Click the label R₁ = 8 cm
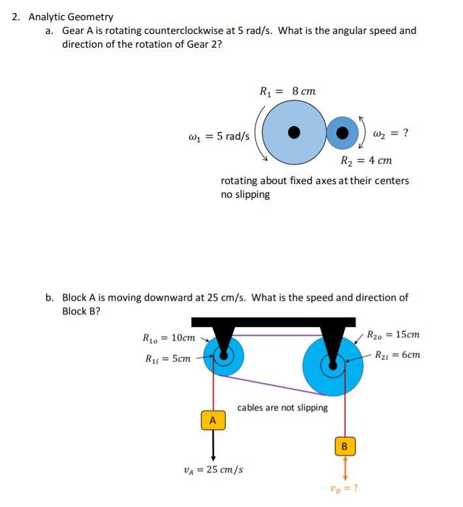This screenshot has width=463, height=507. tap(287, 91)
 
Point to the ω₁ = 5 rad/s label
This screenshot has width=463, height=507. tap(218, 136)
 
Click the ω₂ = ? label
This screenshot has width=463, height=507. tap(390, 134)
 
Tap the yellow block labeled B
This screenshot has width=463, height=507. tap(345, 446)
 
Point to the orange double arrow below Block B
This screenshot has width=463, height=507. tap(345, 469)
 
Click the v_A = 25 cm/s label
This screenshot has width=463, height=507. tap(214, 469)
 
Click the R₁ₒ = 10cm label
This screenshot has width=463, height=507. tap(168, 338)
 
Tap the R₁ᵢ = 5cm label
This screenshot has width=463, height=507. tap(167, 358)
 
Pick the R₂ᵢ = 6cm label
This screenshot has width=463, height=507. tap(398, 355)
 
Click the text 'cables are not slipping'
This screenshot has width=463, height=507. tap(283, 408)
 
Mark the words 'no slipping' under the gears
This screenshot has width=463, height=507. tap(245, 194)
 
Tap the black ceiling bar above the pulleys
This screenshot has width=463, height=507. tap(274, 322)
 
